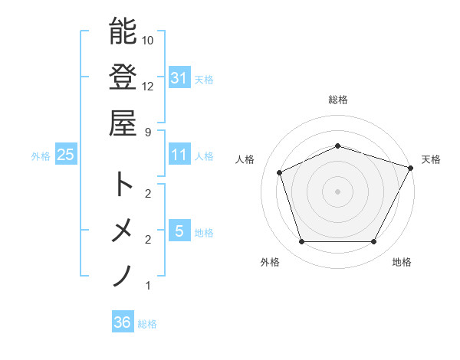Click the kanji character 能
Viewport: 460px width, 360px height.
(x=123, y=31)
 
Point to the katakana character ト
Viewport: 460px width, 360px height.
(x=123, y=184)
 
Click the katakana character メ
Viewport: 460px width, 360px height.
(x=123, y=230)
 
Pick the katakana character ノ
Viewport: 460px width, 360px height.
(x=123, y=275)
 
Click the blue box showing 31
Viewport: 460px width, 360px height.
(x=179, y=77)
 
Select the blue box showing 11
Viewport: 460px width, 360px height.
(x=179, y=155)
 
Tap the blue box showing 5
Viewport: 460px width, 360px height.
(x=179, y=231)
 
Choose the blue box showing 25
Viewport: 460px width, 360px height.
(x=66, y=155)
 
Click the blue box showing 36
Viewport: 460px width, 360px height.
(x=122, y=322)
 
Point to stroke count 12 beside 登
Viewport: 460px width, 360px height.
(x=149, y=86)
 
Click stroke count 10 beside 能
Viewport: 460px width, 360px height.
(x=149, y=40)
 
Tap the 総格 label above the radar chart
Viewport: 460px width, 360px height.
(x=338, y=100)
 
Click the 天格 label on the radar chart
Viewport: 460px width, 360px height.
(x=431, y=159)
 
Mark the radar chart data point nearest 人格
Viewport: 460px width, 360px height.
(x=280, y=172)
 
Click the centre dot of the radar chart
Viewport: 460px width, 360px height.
(x=338, y=191)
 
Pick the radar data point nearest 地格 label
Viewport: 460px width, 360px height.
(x=374, y=242)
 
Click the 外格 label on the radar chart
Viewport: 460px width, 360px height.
(x=270, y=262)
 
